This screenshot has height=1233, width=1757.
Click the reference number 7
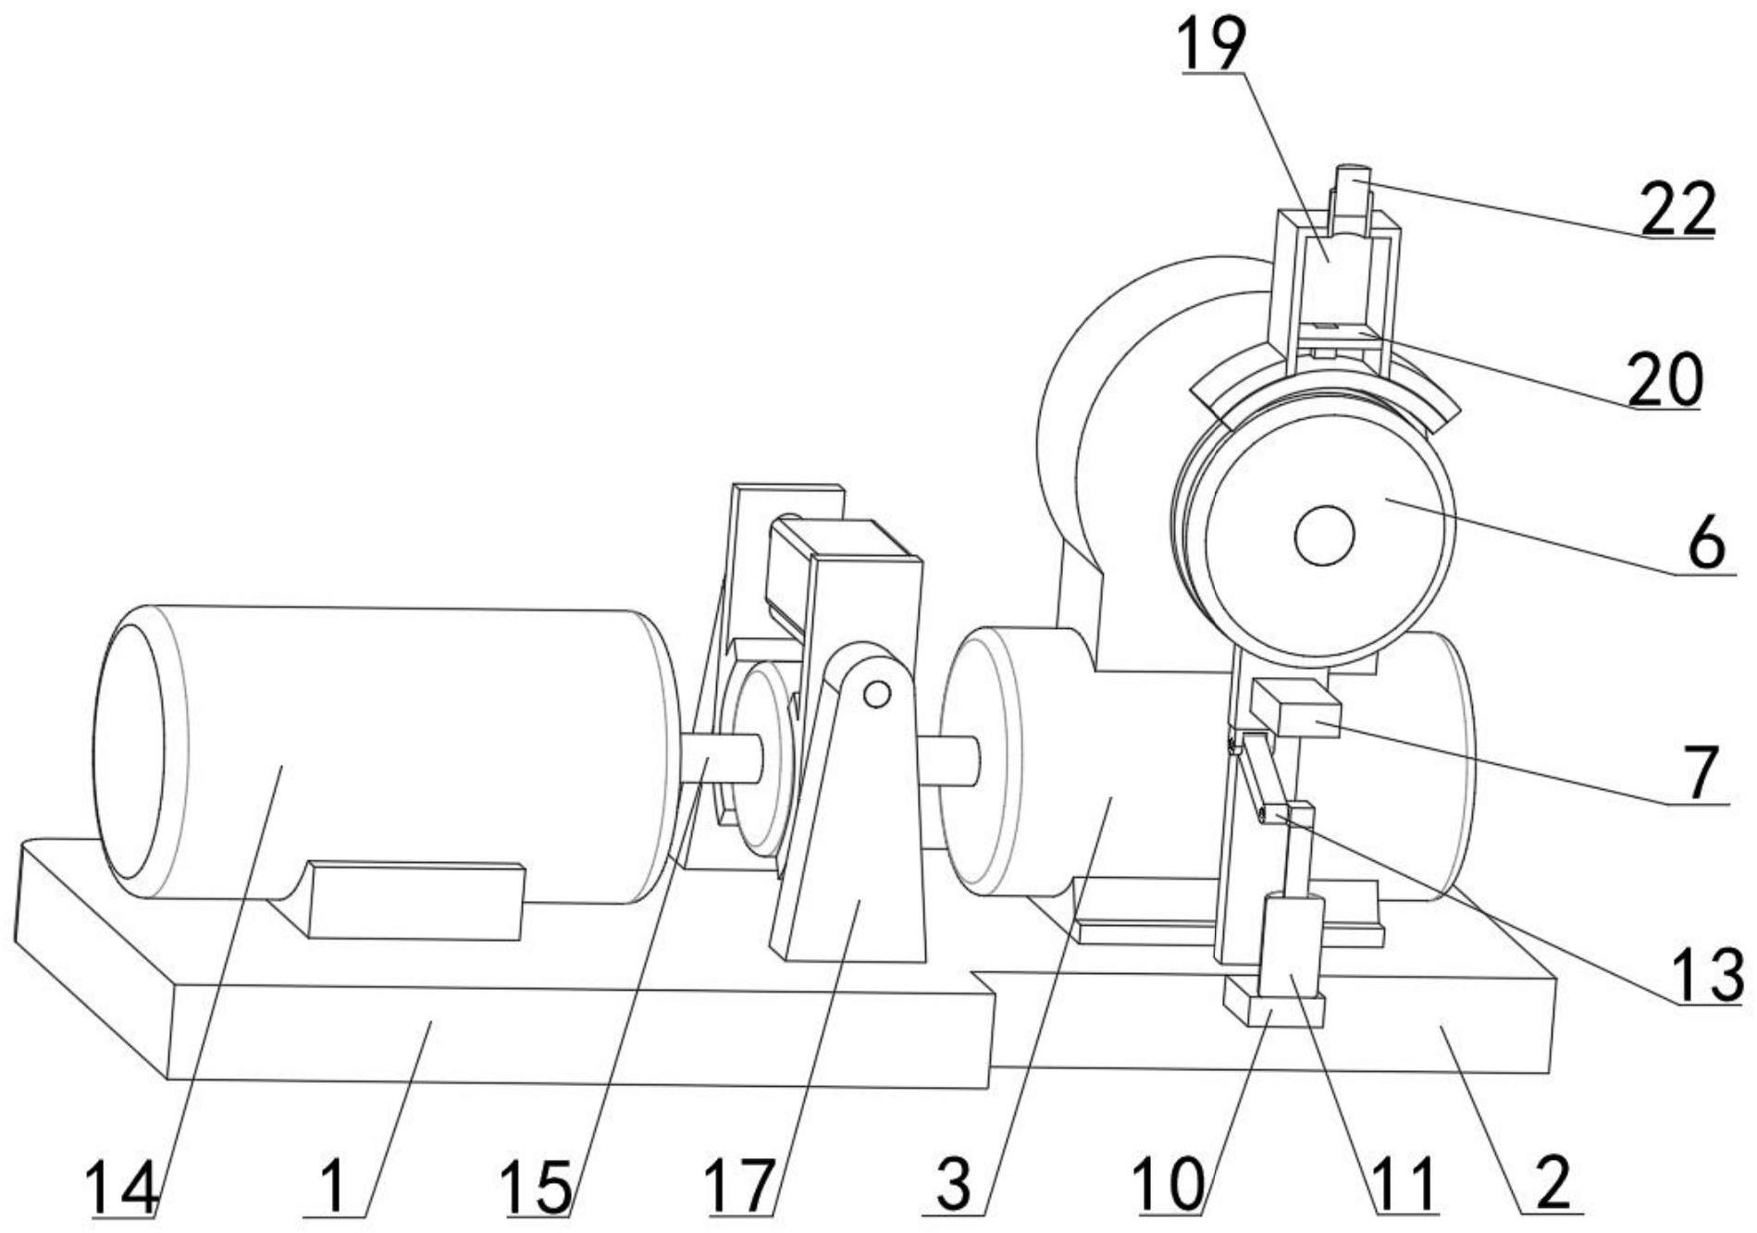1701,772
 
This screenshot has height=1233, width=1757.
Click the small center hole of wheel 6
1324,536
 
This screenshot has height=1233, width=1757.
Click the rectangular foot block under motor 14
415,900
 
